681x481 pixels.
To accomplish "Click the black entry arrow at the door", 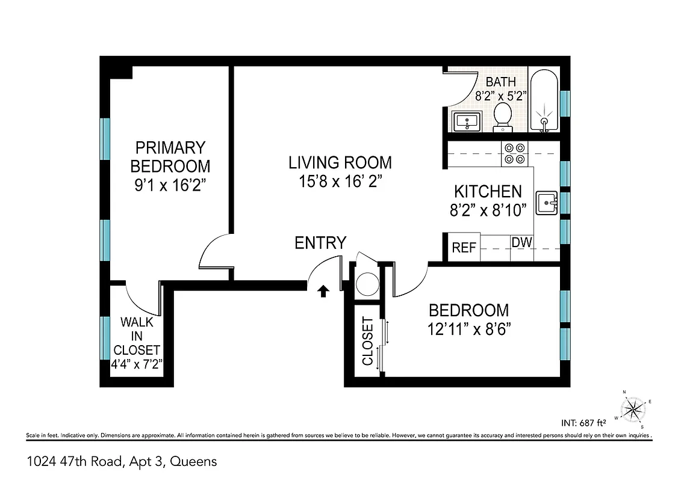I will click(323, 291).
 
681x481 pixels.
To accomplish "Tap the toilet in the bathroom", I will click(502, 117).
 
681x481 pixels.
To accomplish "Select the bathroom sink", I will click(466, 122).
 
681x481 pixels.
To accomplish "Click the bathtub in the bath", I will click(544, 100).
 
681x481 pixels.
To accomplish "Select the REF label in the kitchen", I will click(464, 248).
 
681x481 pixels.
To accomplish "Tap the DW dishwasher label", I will click(521, 242).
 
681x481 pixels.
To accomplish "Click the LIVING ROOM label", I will click(340, 162).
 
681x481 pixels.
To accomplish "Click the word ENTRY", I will click(320, 243).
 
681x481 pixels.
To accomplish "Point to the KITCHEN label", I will click(488, 192).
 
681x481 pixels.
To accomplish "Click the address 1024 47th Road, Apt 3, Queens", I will click(122, 462).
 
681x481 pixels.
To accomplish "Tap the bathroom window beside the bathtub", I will click(565, 103).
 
